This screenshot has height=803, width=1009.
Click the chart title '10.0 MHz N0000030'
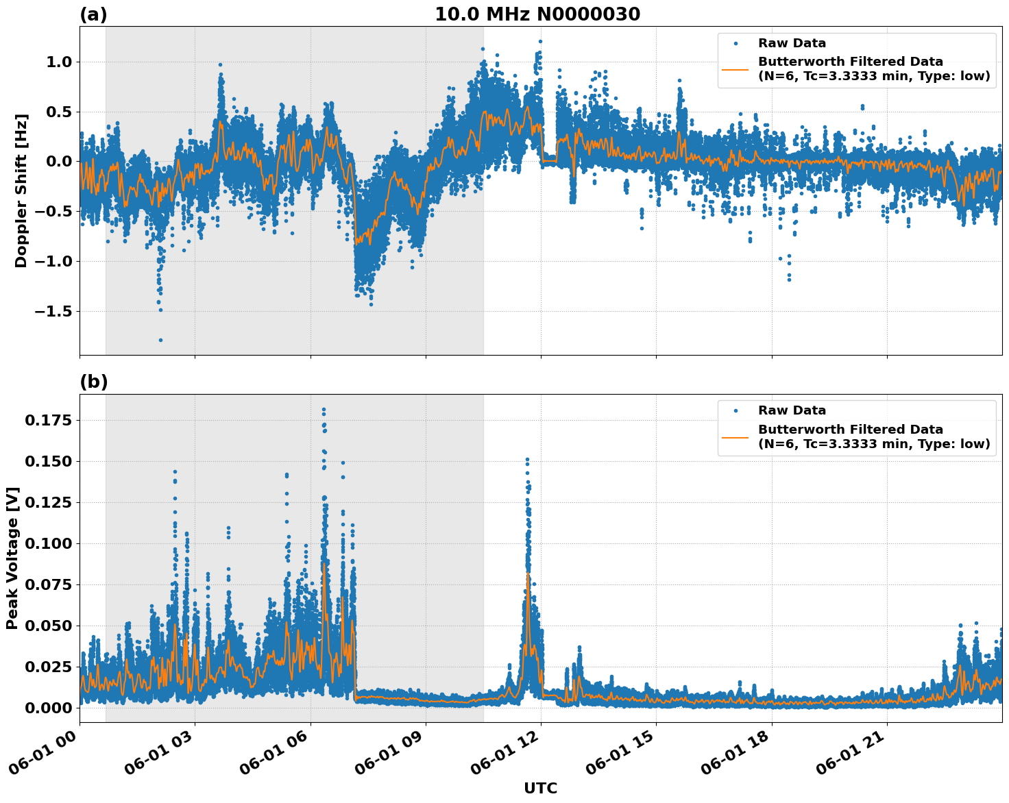537,14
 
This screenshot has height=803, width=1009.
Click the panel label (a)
93,14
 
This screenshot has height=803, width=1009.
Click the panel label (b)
93,382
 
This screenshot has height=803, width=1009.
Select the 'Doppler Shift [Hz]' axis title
21,190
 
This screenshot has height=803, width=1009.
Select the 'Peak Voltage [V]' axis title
12,558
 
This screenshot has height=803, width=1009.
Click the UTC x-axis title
540,788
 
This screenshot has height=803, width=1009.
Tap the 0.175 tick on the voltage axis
48,420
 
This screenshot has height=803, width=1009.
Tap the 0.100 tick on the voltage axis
48,543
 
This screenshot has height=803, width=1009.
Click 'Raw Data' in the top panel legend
792,43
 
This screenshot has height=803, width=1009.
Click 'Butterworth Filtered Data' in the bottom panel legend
850,430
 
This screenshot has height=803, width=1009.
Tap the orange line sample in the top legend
736,69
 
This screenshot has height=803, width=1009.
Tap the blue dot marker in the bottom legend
736,410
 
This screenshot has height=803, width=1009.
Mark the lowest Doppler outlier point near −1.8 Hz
160,340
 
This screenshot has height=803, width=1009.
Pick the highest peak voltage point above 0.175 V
324,410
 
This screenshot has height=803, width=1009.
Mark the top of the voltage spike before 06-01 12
527,459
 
